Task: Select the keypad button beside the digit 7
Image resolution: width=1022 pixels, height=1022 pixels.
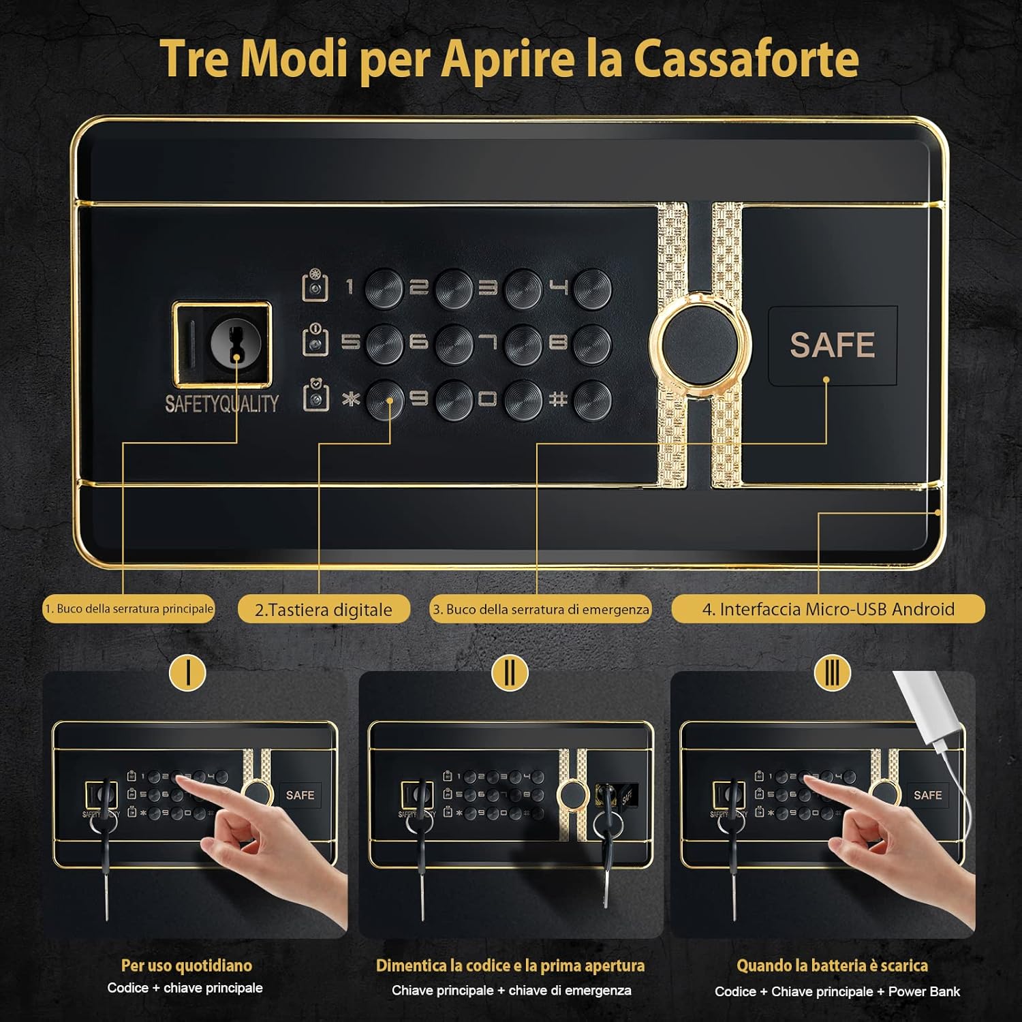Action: pyautogui.click(x=523, y=343)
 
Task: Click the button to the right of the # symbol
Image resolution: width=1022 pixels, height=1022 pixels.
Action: pyautogui.click(x=592, y=399)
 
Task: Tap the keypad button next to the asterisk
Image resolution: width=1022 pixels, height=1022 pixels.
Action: pyautogui.click(x=385, y=399)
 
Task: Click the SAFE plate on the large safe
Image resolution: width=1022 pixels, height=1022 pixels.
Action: pyautogui.click(x=832, y=345)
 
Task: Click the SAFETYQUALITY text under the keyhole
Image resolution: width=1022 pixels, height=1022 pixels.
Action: pyautogui.click(x=222, y=403)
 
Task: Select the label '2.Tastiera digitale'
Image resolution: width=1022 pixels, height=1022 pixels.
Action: pyautogui.click(x=324, y=609)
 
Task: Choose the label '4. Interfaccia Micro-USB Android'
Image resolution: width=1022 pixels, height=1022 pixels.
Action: pyautogui.click(x=828, y=608)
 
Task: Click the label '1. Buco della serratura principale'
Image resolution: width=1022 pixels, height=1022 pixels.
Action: pyautogui.click(x=129, y=608)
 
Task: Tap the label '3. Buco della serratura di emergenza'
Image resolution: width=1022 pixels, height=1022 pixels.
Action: pyautogui.click(x=540, y=609)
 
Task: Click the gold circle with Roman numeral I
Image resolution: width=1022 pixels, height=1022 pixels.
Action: pyautogui.click(x=187, y=672)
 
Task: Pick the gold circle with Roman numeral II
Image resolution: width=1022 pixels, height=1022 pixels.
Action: pyautogui.click(x=510, y=672)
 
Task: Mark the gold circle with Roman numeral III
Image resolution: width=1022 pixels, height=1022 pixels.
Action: pyautogui.click(x=832, y=672)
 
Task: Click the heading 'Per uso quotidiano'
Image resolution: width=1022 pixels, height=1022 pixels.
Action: pyautogui.click(x=186, y=965)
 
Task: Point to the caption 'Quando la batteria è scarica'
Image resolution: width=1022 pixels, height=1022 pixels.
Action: pyautogui.click(x=832, y=965)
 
